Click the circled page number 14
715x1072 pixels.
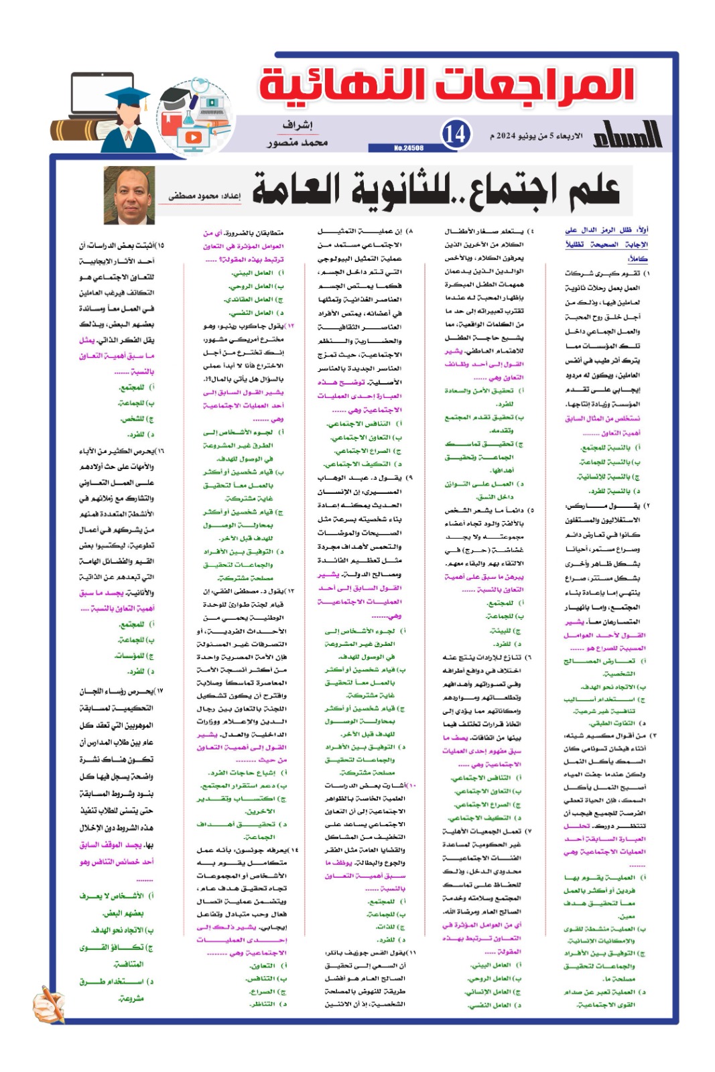point(456,133)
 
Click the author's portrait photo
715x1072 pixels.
point(130,195)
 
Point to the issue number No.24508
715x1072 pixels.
point(408,148)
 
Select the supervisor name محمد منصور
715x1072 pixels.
point(298,143)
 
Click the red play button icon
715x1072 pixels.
point(193,137)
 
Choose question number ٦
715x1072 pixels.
point(530,657)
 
